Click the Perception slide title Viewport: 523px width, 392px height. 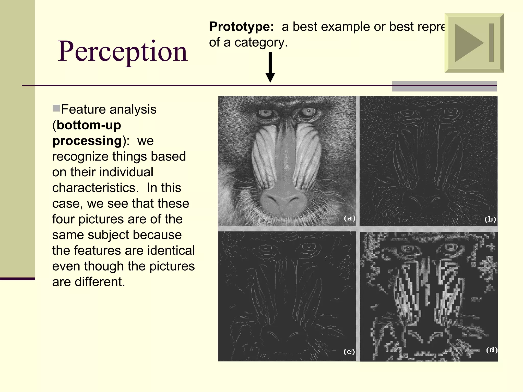pyautogui.click(x=123, y=52)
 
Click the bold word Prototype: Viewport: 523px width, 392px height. pyautogui.click(x=241, y=27)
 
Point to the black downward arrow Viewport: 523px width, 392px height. pyautogui.click(x=270, y=67)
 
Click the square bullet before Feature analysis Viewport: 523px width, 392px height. pyautogui.click(x=56, y=108)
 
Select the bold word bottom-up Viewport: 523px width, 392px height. pyautogui.click(x=89, y=125)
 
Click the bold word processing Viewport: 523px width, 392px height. pyautogui.click(x=87, y=141)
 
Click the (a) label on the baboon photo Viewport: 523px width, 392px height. pyautogui.click(x=349, y=218)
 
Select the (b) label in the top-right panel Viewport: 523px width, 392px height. pyautogui.click(x=490, y=219)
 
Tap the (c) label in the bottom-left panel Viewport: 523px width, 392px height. pyautogui.click(x=349, y=352)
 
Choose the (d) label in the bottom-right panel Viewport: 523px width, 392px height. pyautogui.click(x=491, y=350)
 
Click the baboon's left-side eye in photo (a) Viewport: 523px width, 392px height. pyautogui.click(x=266, y=113)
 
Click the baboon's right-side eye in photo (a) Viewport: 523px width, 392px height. pyautogui.click(x=308, y=112)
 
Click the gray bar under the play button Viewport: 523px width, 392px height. pyautogui.click(x=444, y=86)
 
